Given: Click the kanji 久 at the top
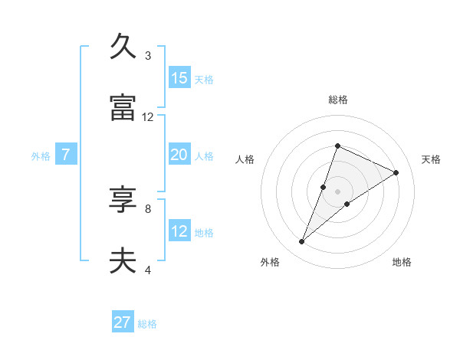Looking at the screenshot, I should [123, 47].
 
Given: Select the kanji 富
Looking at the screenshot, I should [123, 108].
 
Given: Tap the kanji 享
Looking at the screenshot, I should [123, 201].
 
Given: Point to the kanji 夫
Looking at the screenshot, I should [123, 261].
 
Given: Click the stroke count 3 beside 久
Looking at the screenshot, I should [147, 56].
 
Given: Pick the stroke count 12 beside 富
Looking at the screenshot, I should [147, 117].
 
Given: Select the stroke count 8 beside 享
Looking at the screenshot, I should [147, 208].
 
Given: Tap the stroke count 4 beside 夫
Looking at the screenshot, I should [147, 270].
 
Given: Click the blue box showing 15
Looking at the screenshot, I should [179, 78].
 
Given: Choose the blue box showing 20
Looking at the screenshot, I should [179, 155].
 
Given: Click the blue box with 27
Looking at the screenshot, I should [123, 322].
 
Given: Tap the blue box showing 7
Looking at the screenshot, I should [66, 155].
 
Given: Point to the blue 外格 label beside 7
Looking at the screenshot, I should [41, 156].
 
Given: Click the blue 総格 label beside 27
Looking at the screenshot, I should [147, 324].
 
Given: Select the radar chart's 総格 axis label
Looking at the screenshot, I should [338, 100].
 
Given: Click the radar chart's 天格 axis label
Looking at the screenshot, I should [431, 159].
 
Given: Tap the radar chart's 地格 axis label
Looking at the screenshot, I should [402, 262].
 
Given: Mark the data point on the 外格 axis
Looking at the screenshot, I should [302, 242].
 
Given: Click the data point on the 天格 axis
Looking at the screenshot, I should [396, 172].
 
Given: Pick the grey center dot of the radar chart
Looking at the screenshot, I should [338, 191].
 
